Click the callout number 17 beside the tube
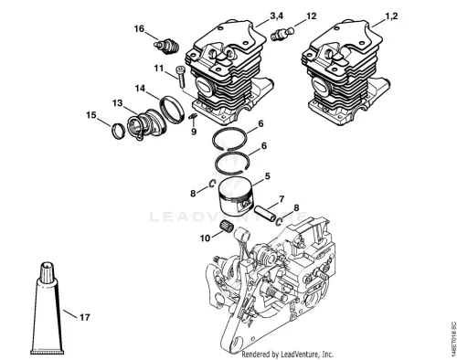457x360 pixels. click(85, 317)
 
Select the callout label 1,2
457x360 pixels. click(391, 16)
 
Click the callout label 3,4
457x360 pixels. click(276, 16)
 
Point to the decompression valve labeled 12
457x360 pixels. click(282, 34)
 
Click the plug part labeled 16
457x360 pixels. click(166, 47)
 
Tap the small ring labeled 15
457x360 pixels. click(118, 131)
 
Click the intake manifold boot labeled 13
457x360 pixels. click(146, 123)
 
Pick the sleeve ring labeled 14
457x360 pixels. click(172, 110)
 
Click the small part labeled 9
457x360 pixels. click(193, 116)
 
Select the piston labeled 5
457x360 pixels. click(236, 197)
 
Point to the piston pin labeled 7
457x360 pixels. click(265, 212)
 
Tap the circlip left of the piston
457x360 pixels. click(212, 183)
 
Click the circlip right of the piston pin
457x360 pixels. click(279, 222)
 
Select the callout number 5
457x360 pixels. click(267, 176)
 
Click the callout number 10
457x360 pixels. click(206, 238)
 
